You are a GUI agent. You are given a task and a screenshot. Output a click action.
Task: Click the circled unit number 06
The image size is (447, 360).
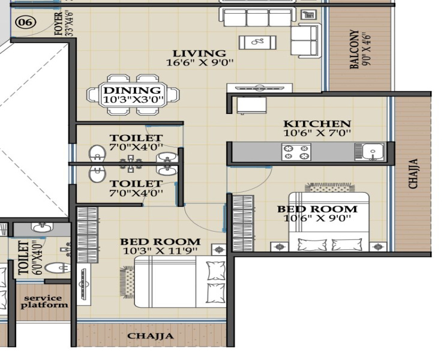[x=26, y=22]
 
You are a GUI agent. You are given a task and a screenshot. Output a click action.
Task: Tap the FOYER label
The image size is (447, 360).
[x=59, y=24]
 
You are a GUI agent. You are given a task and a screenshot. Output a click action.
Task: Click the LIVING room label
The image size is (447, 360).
[x=199, y=53]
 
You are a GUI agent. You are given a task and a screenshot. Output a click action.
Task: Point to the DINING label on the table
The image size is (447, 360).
[x=132, y=90]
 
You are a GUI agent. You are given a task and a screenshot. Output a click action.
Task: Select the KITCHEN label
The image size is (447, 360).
[x=317, y=124]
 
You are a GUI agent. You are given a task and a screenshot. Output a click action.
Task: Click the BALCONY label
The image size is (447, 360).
[x=354, y=49]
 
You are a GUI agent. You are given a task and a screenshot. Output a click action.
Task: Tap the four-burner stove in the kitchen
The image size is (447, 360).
[x=296, y=152]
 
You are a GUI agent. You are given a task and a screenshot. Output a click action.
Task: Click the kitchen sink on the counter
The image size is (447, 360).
[x=370, y=151]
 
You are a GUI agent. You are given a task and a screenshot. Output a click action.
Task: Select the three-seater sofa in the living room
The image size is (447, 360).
[x=256, y=17]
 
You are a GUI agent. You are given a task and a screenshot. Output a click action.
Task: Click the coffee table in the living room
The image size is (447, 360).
[x=257, y=43]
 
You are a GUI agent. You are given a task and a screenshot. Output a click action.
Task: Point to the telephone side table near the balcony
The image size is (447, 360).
[x=308, y=14]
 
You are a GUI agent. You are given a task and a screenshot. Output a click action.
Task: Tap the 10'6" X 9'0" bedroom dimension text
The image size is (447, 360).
[x=317, y=218]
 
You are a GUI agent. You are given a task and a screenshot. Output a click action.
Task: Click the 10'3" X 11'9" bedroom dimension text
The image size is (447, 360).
[x=160, y=251]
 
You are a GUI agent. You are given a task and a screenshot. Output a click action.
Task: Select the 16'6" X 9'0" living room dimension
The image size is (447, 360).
[x=200, y=62]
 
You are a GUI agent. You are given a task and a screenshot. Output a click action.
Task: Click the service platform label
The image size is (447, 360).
[x=45, y=302]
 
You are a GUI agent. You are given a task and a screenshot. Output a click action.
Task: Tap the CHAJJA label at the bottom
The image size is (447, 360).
[x=150, y=336]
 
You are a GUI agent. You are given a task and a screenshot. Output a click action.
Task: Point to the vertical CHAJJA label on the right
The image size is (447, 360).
[x=413, y=173]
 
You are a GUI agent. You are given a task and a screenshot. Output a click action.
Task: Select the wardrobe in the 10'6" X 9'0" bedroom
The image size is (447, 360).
[x=243, y=223]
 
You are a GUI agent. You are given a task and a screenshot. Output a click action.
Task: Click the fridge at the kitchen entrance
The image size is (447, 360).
[x=252, y=105]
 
